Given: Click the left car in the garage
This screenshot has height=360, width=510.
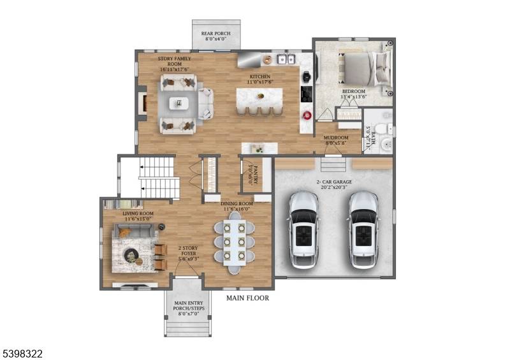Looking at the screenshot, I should click(303, 229).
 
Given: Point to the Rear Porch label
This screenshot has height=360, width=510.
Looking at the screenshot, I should click(216, 36).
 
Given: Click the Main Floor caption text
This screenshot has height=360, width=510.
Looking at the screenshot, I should click(247, 298).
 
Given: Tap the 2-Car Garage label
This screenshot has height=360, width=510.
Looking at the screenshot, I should click(335, 185).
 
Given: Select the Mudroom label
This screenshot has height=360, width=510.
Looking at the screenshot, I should click(336, 140).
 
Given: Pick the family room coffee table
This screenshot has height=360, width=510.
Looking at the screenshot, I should click(178, 103).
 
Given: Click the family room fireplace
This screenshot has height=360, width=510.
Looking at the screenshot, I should click(143, 103).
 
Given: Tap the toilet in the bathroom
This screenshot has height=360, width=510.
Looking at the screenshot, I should click(382, 129).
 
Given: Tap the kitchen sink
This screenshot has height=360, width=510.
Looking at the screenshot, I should click(284, 60).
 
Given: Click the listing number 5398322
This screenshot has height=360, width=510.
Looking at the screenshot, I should click(22, 353).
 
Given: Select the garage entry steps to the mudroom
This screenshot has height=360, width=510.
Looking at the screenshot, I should click(333, 165).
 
